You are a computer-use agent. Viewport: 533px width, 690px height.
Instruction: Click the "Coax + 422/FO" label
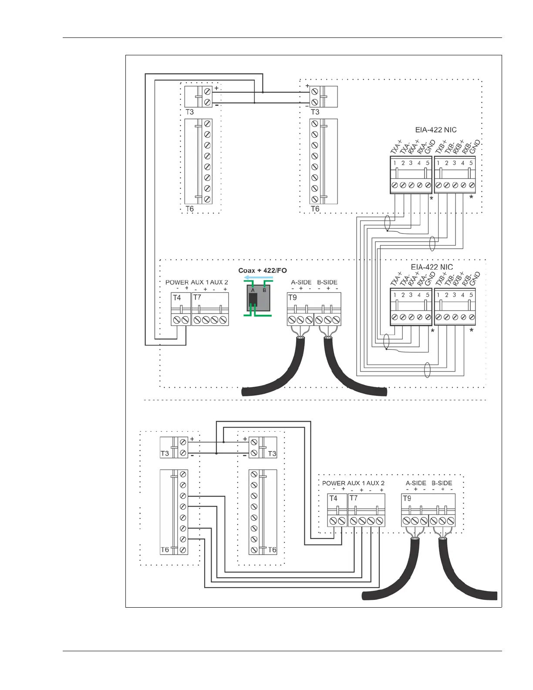tap(262, 271)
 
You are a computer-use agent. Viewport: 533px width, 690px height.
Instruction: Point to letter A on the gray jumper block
tap(253, 290)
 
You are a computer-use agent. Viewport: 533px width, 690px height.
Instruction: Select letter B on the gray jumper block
tap(264, 290)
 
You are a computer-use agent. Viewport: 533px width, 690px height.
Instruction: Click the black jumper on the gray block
tap(253, 300)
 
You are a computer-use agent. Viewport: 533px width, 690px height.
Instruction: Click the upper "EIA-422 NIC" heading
tap(435, 130)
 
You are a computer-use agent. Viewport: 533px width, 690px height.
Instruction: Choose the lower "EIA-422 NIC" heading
tap(432, 267)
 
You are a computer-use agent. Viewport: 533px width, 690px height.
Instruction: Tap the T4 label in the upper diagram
tap(176, 298)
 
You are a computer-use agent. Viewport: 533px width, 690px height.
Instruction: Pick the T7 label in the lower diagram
tap(353, 498)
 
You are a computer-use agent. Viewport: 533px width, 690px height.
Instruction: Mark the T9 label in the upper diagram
tap(292, 298)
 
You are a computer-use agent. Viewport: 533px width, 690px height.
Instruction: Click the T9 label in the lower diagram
tap(407, 498)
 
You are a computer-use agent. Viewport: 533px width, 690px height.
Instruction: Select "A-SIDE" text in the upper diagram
tap(301, 282)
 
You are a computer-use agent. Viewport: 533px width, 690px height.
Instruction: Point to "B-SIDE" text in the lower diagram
tap(442, 483)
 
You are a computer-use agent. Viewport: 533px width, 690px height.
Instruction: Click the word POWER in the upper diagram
tap(177, 282)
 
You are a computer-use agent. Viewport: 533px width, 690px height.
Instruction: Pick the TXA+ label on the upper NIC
tap(396, 146)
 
